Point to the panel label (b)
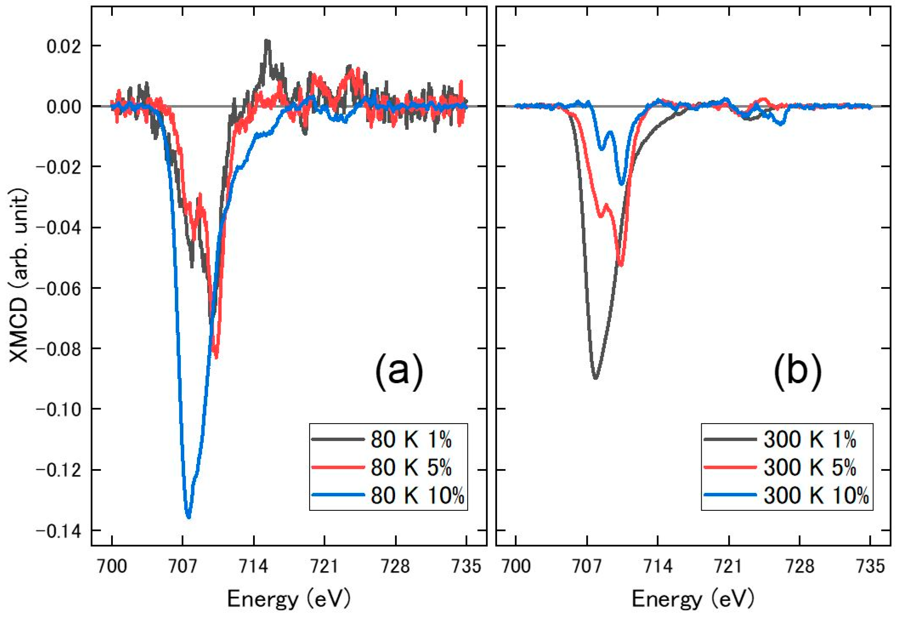[797, 370]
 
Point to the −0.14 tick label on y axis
[58, 531]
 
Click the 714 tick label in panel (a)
[253, 566]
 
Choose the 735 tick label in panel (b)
[870, 566]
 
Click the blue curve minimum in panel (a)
[188, 517]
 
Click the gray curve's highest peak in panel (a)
[266, 40]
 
